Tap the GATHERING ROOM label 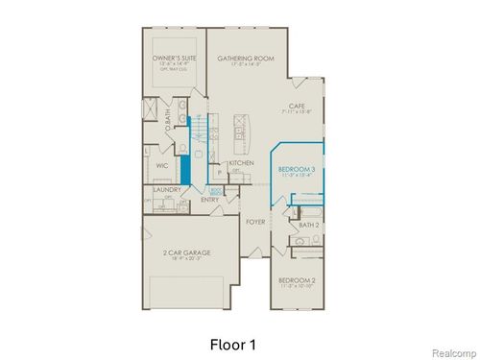[x=246, y=59]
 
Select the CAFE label [x=297, y=107]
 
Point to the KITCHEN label [x=240, y=164]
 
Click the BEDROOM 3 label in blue [x=297, y=169]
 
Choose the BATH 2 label [x=308, y=225]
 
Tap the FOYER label [x=254, y=222]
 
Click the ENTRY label [x=210, y=200]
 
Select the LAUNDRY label [x=167, y=190]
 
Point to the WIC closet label [x=163, y=165]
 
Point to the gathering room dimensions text [x=246, y=66]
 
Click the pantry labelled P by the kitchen [x=221, y=174]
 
